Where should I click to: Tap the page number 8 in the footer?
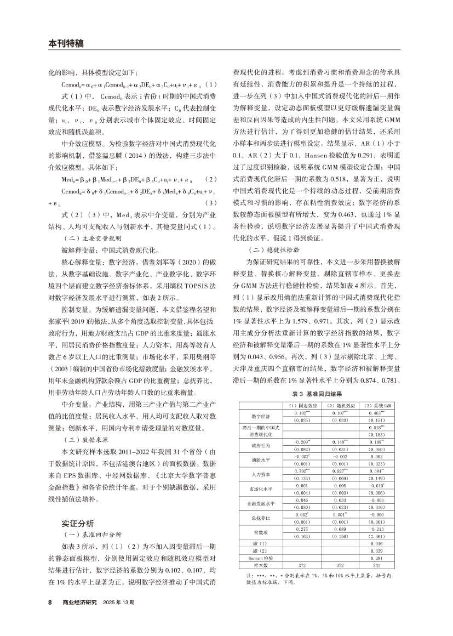click(50, 601)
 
